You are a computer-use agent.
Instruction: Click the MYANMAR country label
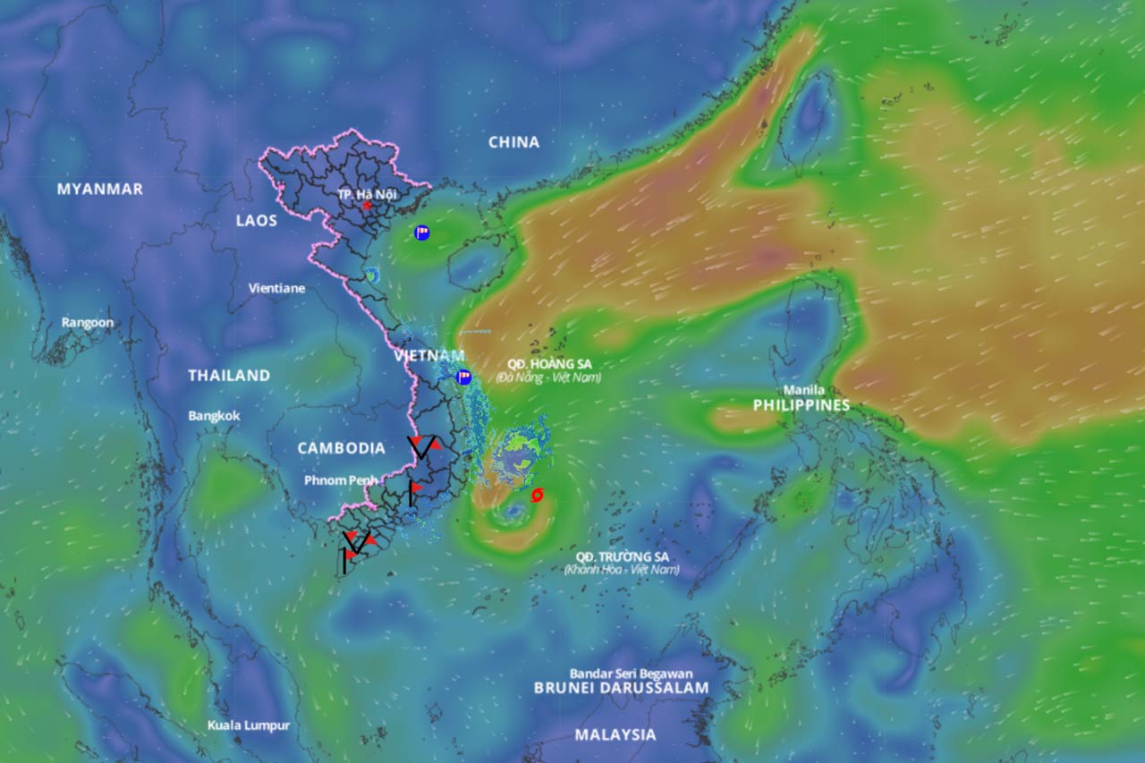[100, 189]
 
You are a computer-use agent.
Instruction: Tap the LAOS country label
[257, 220]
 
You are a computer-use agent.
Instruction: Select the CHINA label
[513, 142]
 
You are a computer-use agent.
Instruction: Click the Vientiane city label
[276, 288]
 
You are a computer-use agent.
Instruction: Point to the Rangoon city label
[88, 322]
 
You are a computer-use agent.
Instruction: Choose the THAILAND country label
[229, 376]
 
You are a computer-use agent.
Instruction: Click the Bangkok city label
[214, 416]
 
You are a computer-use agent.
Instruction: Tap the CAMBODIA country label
[342, 448]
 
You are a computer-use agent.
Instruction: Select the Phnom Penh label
[341, 480]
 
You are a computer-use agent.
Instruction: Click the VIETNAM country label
[429, 356]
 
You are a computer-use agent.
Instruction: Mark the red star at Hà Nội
[367, 205]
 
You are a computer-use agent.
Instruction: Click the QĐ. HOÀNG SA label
[549, 364]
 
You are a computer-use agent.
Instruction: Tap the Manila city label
[804, 390]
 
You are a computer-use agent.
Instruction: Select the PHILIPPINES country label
[801, 405]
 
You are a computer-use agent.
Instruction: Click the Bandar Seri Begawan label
[631, 674]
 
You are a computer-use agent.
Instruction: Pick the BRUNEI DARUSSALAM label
[621, 688]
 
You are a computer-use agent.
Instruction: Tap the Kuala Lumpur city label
[249, 725]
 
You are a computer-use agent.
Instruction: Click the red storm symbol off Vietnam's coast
[537, 495]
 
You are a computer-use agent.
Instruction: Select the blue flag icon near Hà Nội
[422, 233]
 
